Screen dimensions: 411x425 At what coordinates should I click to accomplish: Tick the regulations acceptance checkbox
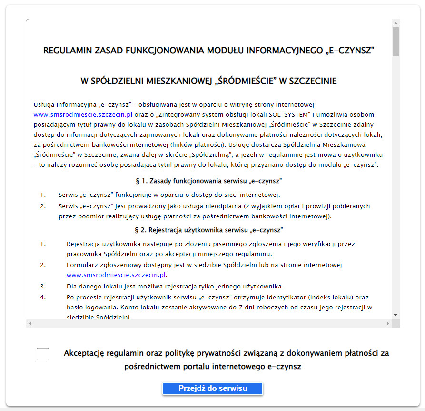[43, 354]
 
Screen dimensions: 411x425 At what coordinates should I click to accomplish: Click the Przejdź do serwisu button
[213, 389]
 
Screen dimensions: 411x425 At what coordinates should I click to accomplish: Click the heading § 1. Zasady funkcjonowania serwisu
[209, 181]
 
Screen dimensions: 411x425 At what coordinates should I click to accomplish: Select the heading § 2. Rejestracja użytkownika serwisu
[209, 230]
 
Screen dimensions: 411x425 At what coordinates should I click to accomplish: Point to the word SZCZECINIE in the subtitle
[311, 81]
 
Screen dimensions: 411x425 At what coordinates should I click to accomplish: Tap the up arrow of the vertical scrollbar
[395, 23]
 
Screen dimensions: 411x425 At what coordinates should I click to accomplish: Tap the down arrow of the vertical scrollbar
[395, 315]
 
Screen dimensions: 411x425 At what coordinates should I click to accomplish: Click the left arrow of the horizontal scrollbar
[30, 324]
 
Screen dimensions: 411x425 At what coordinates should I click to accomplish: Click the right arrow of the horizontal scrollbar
[389, 324]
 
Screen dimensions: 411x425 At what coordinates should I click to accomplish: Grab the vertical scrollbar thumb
[395, 42]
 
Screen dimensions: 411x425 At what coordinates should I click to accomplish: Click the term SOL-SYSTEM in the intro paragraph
[283, 115]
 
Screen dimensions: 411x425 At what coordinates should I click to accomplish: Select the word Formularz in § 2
[82, 265]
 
